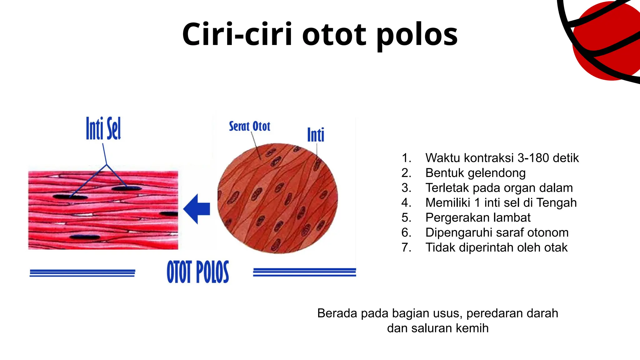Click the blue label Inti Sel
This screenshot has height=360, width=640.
point(103,128)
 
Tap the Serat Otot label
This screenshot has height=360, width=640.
point(249,126)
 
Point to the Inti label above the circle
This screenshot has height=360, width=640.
point(316,135)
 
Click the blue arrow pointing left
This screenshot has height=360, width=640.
point(197,209)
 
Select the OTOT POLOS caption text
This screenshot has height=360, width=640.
point(198,272)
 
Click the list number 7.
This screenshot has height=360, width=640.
point(406,247)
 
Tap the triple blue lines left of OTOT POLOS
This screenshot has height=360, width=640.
point(82,273)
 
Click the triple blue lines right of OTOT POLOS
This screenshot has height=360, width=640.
point(304,272)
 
